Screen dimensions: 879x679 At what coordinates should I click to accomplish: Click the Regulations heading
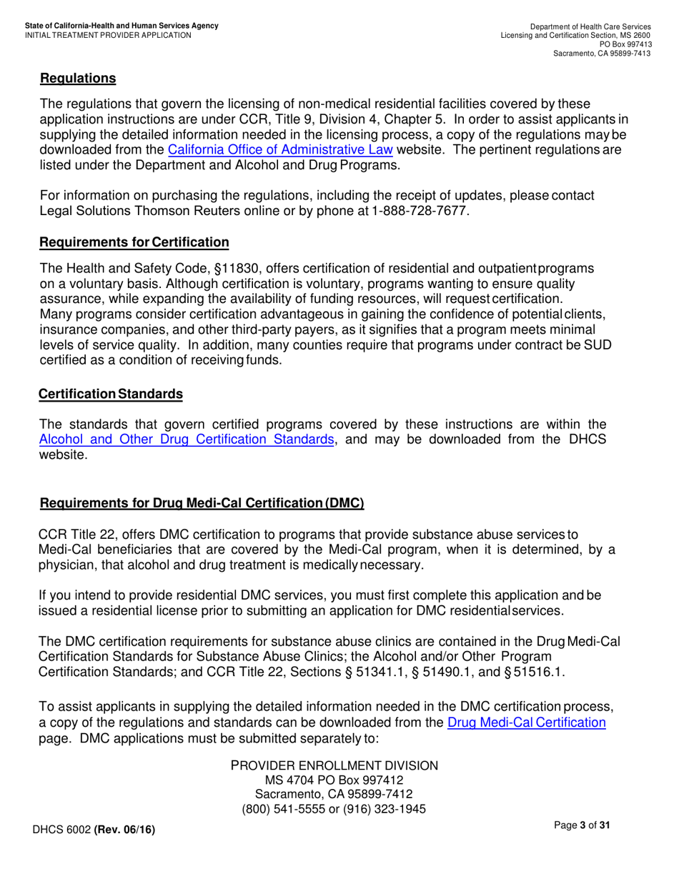(x=78, y=77)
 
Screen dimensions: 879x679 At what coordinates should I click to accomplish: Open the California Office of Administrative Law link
(x=280, y=151)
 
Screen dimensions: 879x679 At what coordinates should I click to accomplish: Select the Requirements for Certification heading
(x=134, y=243)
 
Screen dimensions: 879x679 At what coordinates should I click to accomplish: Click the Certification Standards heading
(x=111, y=394)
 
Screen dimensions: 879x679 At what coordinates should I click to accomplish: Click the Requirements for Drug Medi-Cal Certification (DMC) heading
(x=202, y=503)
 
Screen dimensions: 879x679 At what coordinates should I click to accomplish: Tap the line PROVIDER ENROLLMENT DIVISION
(x=334, y=765)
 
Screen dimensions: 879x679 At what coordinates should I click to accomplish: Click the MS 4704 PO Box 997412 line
(x=334, y=780)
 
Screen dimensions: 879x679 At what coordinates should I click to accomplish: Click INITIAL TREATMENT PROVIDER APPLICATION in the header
(x=108, y=34)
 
